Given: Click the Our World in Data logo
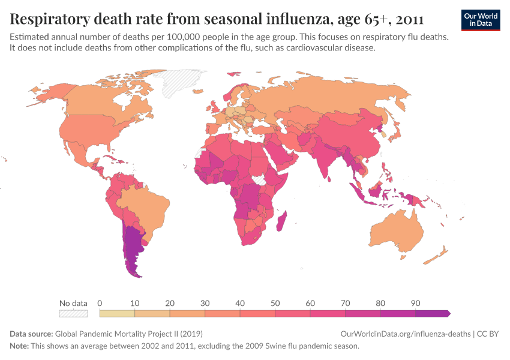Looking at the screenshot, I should [481, 20].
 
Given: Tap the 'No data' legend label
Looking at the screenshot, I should [73, 303].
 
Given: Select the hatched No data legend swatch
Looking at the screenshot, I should [73, 313].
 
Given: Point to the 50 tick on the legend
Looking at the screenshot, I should [275, 303].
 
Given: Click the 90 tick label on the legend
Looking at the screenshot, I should [415, 303].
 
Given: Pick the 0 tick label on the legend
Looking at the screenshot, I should [100, 303].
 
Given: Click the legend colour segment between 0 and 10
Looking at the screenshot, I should [117, 313].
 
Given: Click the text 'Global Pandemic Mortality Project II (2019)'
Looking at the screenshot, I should [129, 334].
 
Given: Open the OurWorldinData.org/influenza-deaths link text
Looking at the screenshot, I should [405, 334].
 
